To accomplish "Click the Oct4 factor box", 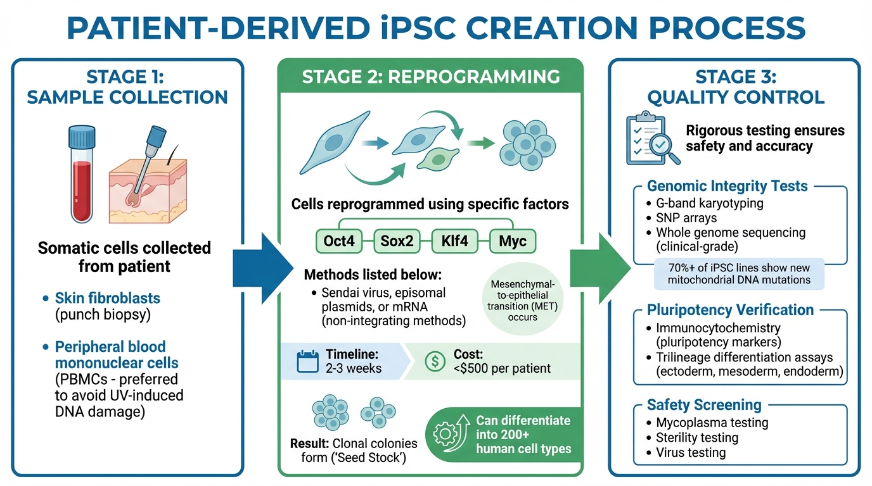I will [x=338, y=241].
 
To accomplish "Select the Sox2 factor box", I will [x=397, y=241].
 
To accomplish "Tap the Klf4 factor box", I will [x=454, y=241].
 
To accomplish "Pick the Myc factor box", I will [x=513, y=241].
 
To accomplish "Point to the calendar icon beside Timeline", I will [x=307, y=361].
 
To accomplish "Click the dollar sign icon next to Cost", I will [x=433, y=361].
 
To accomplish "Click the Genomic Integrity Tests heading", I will [x=727, y=186].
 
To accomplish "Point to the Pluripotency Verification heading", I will [x=730, y=310].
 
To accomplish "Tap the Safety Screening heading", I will [x=704, y=404].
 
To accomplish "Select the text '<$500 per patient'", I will [x=502, y=368].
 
